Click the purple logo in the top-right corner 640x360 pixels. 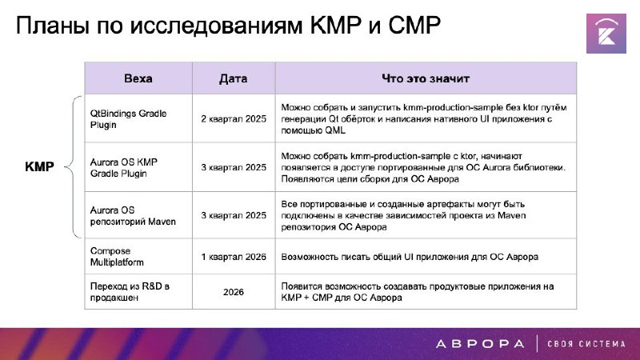tap(606, 34)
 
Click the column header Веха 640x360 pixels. tap(138, 78)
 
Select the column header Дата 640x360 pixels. tap(233, 78)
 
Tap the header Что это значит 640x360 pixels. tap(426, 78)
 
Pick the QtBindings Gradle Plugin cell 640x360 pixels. tap(128, 118)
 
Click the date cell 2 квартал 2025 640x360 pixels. tap(234, 118)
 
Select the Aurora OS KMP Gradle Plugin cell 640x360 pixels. tap(124, 167)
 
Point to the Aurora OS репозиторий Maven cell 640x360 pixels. tap(133, 215)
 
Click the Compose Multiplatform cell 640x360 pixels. tap(117, 256)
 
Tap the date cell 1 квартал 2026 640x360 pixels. tap(234, 257)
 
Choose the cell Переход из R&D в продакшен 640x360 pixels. tap(130, 291)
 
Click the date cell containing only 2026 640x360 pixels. tap(234, 292)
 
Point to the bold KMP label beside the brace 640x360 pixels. tap(39, 166)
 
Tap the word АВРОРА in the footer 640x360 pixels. tap(480, 344)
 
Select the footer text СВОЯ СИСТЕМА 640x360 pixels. tap(586, 344)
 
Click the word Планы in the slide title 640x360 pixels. tap(53, 26)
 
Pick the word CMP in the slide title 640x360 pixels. tap(414, 25)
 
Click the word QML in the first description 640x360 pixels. tap(335, 130)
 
